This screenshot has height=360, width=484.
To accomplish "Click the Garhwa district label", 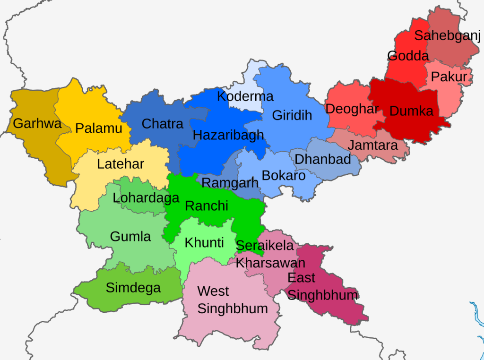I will point(37,124).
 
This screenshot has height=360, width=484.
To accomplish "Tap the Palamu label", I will point(99,128).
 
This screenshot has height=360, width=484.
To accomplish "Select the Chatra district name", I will point(162,124).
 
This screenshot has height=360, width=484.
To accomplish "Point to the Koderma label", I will point(245,96).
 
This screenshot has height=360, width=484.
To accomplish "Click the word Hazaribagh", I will point(228,136).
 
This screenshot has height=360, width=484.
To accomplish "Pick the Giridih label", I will point(292,115).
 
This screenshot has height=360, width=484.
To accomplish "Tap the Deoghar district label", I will point(352,109).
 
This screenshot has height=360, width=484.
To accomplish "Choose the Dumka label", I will point(411,111).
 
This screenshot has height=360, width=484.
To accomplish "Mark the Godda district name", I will point(408,56).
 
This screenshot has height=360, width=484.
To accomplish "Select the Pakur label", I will point(449,77).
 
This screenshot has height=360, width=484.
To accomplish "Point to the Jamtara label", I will point(372,145).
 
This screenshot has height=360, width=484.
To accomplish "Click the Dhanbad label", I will point(322,159).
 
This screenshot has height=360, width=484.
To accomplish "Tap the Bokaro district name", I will point(284,175).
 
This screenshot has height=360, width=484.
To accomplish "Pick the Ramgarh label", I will point(230,183).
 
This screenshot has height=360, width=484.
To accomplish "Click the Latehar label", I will point(121,164).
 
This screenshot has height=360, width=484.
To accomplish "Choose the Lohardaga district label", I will point(146,198).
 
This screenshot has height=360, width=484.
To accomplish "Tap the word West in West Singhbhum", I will point(213,291).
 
